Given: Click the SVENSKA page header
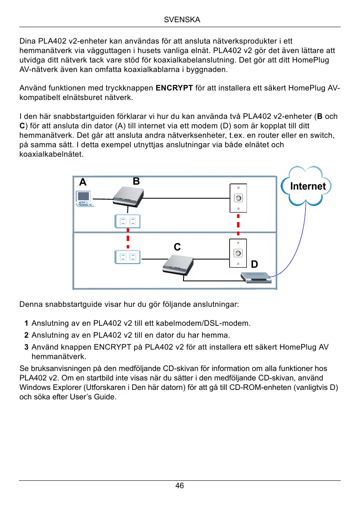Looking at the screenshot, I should (180, 20).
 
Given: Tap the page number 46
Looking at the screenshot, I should (180, 486).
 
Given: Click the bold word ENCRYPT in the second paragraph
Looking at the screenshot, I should (174, 88).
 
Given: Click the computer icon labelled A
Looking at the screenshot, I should (84, 198).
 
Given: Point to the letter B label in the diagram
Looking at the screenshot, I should (136, 181).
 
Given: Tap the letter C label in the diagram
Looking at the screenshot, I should (177, 247).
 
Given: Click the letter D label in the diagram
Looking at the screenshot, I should (254, 264).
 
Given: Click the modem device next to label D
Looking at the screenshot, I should (256, 278).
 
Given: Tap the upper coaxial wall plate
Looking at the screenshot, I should (238, 198).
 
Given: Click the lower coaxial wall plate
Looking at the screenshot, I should (238, 253).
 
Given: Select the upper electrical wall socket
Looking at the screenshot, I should (128, 222).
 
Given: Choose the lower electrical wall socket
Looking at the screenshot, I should (128, 257).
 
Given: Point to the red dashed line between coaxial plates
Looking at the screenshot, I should (238, 225).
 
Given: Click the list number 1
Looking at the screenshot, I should (26, 323).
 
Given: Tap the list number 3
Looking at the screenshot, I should (26, 348).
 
